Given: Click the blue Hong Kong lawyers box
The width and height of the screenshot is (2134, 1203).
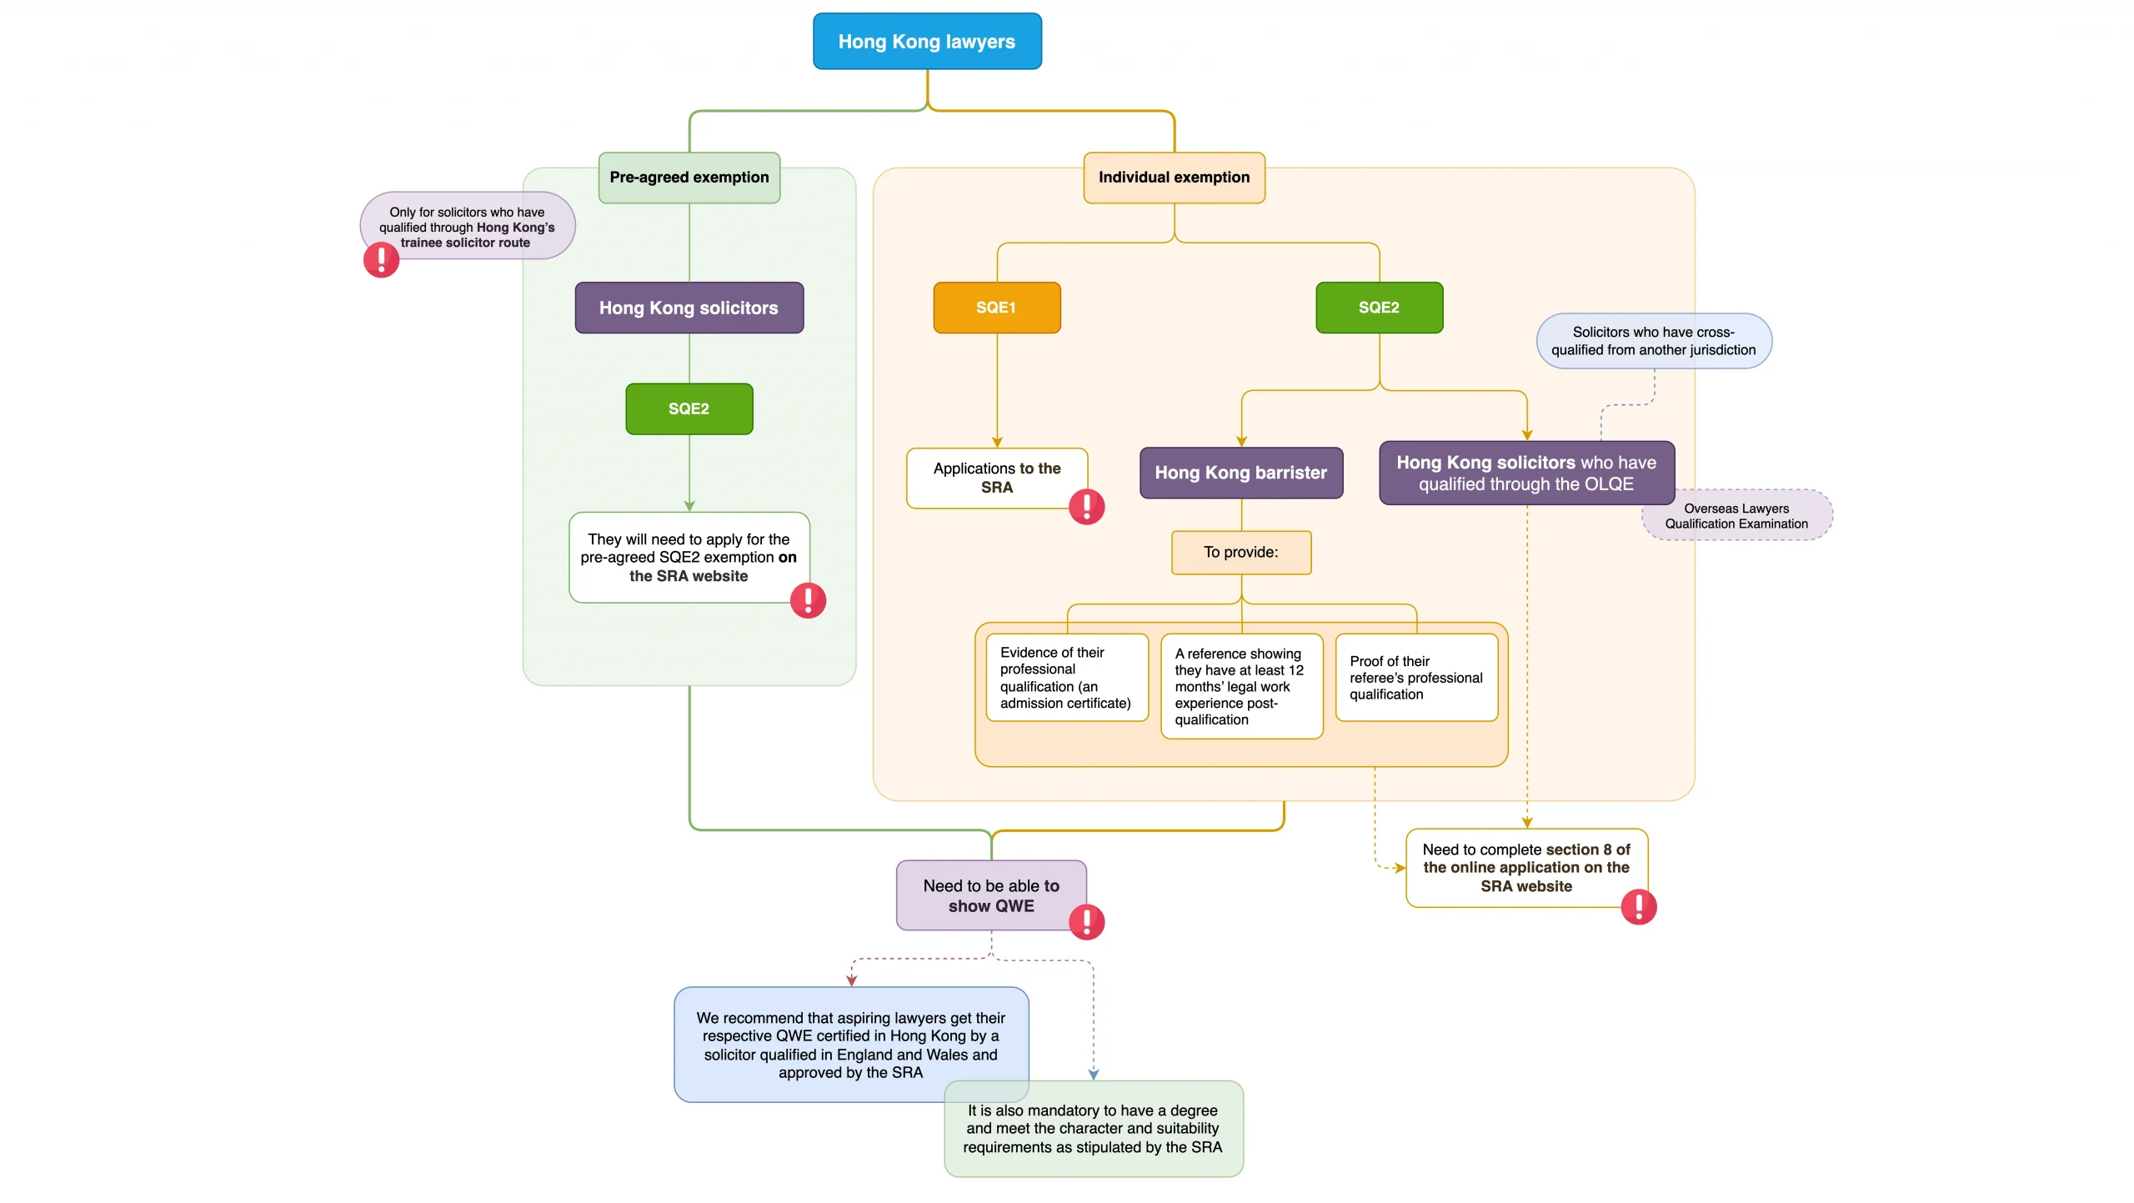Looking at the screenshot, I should pos(927,42).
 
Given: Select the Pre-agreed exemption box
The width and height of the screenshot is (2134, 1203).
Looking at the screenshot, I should pos(689,178).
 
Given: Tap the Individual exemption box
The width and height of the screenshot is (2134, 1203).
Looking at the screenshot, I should pos(1174,178).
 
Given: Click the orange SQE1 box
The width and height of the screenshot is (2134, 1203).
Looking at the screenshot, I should pos(996,308).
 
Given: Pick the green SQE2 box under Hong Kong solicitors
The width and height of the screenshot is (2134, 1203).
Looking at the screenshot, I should pos(689,409).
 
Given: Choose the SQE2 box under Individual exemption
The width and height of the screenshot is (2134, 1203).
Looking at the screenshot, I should pos(1379,308).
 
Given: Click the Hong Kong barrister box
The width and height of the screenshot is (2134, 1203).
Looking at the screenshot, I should pos(1240,473).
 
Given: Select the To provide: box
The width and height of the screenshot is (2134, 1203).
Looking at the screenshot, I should pos(1240,552).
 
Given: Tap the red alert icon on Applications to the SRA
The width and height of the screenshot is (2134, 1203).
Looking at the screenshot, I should pos(1086,506).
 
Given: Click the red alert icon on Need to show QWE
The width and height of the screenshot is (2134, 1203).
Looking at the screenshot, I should pos(1086,921).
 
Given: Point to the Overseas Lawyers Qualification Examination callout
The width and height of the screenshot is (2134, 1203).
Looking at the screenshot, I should pos(1736,516).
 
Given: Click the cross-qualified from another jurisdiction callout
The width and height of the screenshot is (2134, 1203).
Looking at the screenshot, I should pos(1653,341).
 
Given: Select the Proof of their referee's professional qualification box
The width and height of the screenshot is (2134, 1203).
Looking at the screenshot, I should pos(1415,677).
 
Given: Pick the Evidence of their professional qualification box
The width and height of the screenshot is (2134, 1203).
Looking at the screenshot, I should pos(1066,677).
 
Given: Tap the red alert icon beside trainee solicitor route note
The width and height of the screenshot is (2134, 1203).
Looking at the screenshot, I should pos(381,259).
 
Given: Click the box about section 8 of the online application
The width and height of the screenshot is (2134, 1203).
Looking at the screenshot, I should pos(1525,867).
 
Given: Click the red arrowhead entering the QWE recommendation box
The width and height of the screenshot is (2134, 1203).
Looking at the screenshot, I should pos(851,981).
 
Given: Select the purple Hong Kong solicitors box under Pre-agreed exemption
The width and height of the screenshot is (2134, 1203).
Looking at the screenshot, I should pos(689,308).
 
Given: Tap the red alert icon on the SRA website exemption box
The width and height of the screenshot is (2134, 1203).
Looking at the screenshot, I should pos(807,600).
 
